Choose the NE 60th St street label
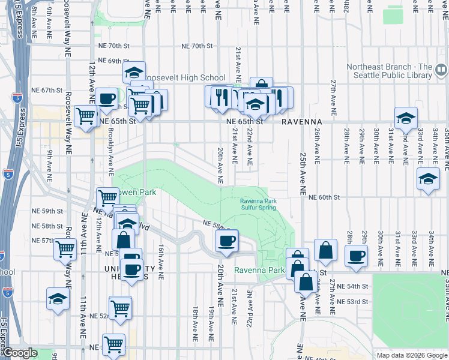pos(325,197)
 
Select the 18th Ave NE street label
pos(196,320)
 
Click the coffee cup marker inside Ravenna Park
pos(226,241)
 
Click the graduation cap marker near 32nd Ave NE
pos(406,118)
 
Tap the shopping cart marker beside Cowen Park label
pos(107,197)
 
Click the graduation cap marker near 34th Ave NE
pos(428,179)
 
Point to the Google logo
pos(19,353)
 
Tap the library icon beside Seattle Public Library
pos(441,71)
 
